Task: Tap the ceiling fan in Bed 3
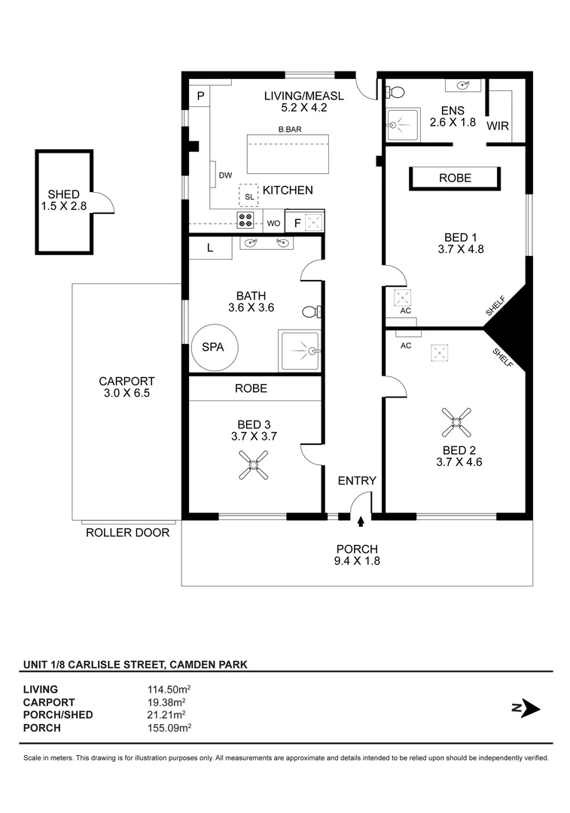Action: point(253,464)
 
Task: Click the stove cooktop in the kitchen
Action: point(246,221)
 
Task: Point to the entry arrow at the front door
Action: point(361,520)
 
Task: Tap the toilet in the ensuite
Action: point(394,92)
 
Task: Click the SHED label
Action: point(63,194)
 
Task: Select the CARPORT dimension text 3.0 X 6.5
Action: point(126,393)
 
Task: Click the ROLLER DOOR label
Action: point(127,533)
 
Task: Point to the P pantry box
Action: point(200,96)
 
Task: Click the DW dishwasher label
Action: point(225,175)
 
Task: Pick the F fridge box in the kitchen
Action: point(297,222)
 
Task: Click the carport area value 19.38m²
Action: point(166,702)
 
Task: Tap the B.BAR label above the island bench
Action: point(290,129)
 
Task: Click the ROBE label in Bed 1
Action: point(455,178)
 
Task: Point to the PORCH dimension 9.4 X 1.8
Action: point(357,560)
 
